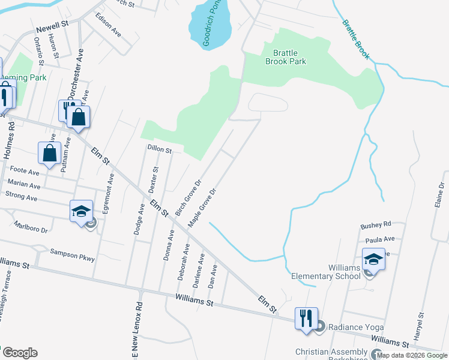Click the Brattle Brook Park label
[286, 57]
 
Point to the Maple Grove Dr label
[202, 208]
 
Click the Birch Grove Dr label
[188, 196]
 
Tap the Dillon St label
[160, 148]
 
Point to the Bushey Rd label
[375, 225]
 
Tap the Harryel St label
[420, 323]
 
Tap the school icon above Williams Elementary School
[373, 259]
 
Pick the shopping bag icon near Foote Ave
[49, 153]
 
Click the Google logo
[19, 353]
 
